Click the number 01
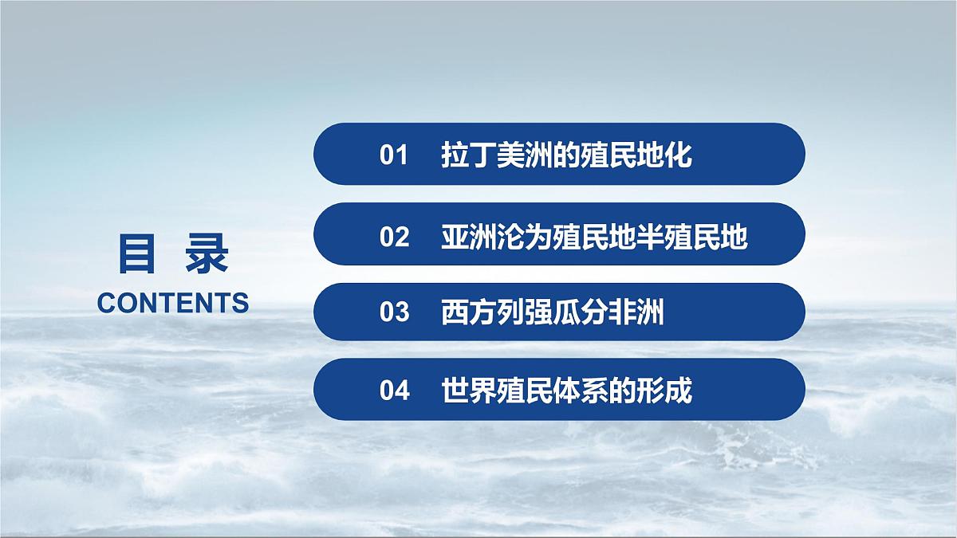click(x=394, y=155)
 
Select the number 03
click(x=394, y=312)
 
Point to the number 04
click(x=394, y=391)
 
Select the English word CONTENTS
click(x=172, y=303)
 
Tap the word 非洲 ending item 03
click(x=636, y=312)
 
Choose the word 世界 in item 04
click(x=469, y=391)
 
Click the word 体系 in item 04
click(x=581, y=391)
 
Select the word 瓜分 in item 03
click(x=580, y=312)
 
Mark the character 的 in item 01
click(x=566, y=155)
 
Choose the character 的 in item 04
click(x=622, y=391)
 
